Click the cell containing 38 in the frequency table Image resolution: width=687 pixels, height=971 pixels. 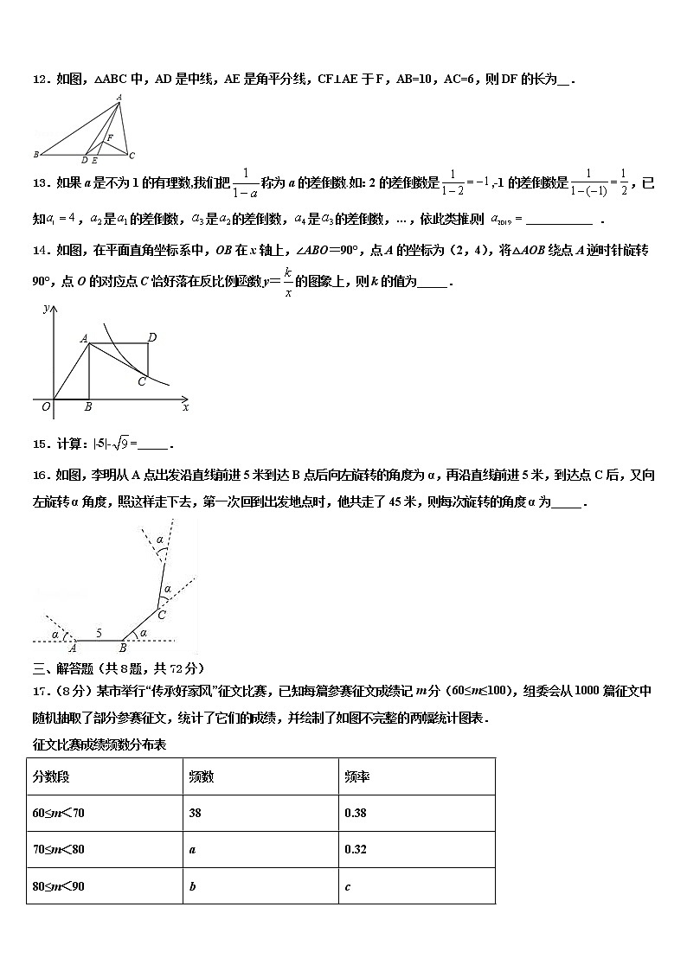click(196, 813)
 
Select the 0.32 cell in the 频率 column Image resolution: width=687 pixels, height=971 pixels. click(355, 849)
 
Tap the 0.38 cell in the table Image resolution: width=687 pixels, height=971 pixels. click(355, 813)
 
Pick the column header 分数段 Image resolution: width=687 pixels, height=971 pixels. click(51, 776)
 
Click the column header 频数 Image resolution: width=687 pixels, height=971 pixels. click(201, 776)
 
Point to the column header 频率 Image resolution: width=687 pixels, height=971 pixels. click(356, 776)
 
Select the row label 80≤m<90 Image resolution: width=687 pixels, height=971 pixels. click(59, 885)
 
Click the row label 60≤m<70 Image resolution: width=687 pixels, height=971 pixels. click(59, 813)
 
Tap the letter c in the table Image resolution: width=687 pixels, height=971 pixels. click(347, 886)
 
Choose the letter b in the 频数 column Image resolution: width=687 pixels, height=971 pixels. click(191, 886)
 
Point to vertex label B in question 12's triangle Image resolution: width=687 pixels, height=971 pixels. click(35, 155)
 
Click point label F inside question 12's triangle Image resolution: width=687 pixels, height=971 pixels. click(110, 137)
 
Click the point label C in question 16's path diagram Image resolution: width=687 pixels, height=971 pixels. click(162, 615)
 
